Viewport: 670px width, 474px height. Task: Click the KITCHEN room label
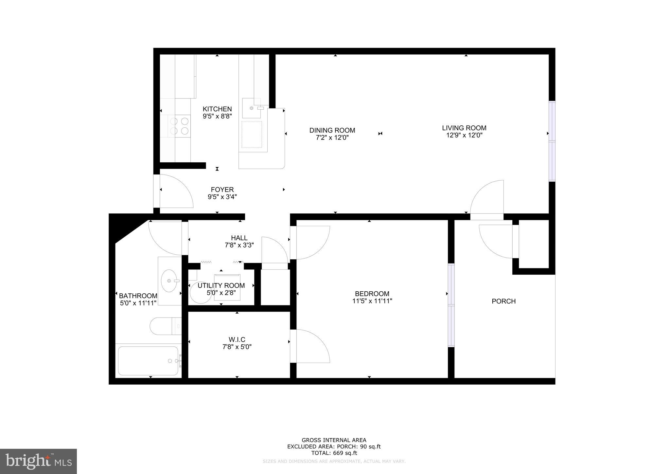point(217,109)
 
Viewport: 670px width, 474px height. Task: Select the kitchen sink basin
point(251,108)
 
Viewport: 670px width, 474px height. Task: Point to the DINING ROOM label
point(332,130)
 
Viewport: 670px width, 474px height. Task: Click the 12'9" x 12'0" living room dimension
point(464,135)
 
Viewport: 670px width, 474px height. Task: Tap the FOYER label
point(222,190)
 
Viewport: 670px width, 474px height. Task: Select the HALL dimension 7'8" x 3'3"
point(239,245)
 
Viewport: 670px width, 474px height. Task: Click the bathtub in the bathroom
point(148,361)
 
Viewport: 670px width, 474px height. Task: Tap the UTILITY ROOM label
point(221,285)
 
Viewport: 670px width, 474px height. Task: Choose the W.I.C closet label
point(237,339)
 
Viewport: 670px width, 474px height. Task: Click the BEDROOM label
point(372,294)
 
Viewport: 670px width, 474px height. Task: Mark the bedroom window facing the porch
point(451,305)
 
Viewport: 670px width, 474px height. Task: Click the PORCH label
point(503,301)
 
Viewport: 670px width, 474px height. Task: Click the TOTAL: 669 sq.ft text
point(334,453)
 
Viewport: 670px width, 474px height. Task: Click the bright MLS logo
point(38,462)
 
